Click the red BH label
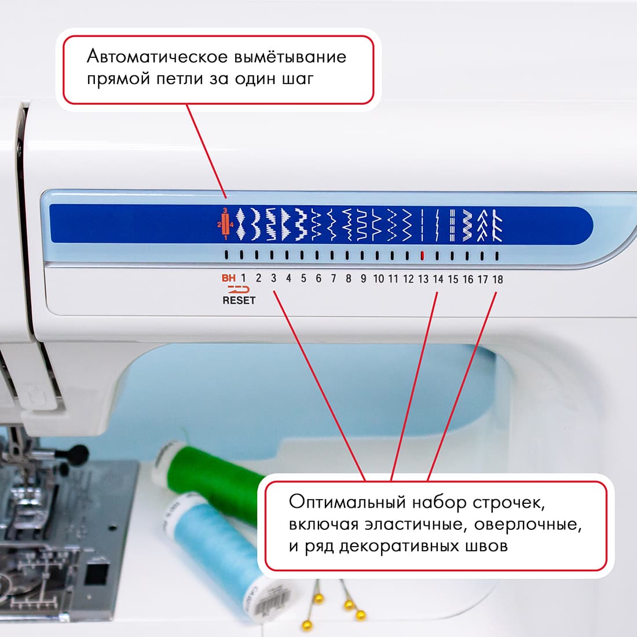tap(229, 279)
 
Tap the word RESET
tap(239, 301)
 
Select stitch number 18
tap(497, 279)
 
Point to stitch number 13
tap(423, 279)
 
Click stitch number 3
tap(273, 279)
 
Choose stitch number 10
tap(378, 279)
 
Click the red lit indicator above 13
tap(422, 255)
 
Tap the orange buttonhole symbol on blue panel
tap(225, 224)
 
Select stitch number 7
tap(333, 279)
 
